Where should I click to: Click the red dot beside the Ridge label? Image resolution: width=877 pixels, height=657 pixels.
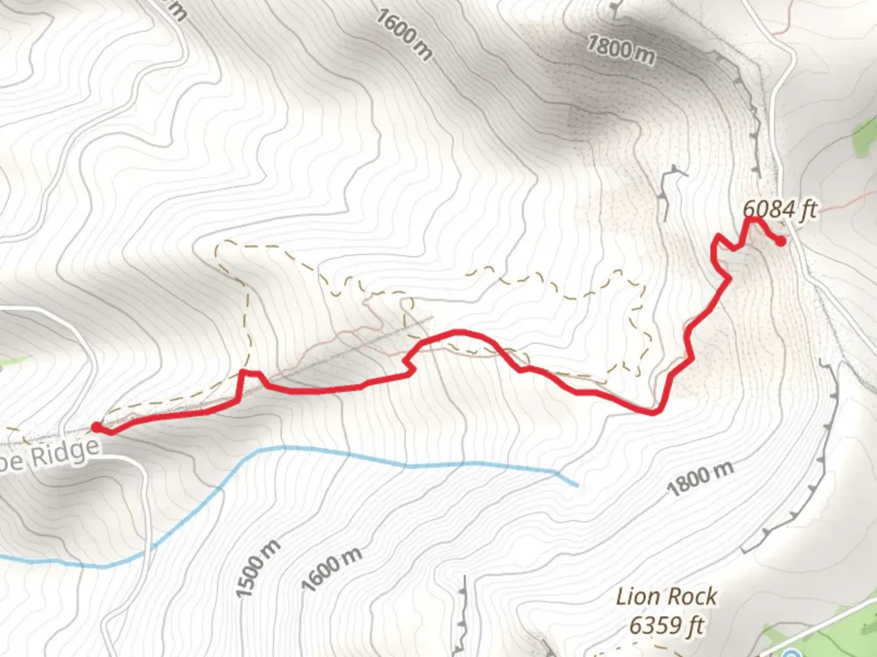pyautogui.click(x=96, y=427)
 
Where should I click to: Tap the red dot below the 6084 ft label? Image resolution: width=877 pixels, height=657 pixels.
pyautogui.click(x=780, y=242)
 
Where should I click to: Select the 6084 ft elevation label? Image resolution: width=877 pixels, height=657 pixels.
pyautogui.click(x=779, y=210)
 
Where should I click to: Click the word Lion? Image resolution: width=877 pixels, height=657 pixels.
pyautogui.click(x=638, y=597)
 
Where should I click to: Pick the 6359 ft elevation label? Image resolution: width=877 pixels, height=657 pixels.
pyautogui.click(x=666, y=625)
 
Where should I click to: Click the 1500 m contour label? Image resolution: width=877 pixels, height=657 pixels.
pyautogui.click(x=258, y=568)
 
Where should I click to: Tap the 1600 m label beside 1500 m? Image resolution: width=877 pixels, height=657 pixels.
pyautogui.click(x=332, y=569)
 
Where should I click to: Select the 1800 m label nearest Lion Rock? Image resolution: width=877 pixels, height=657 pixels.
pyautogui.click(x=700, y=478)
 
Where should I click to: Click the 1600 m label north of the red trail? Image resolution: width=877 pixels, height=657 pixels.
pyautogui.click(x=403, y=35)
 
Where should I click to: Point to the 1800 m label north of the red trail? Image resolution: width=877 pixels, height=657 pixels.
pyautogui.click(x=621, y=49)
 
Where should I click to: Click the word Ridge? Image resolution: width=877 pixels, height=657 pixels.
pyautogui.click(x=65, y=453)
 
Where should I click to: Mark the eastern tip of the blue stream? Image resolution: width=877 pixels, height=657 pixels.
pyautogui.click(x=576, y=485)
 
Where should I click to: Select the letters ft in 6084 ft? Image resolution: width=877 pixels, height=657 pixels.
pyautogui.click(x=808, y=210)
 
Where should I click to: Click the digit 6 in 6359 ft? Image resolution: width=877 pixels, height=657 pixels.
pyautogui.click(x=636, y=625)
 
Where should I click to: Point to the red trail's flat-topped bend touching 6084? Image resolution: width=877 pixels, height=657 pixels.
pyautogui.click(x=755, y=219)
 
